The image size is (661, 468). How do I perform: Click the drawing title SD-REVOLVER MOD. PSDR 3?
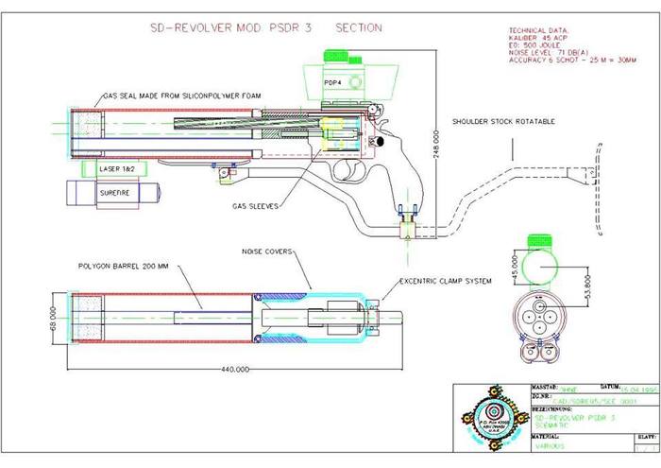pos(230,27)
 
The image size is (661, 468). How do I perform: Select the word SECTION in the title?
pos(357,27)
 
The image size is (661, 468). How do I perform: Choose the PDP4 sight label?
pos(333,83)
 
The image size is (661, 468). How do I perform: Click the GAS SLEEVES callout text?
pos(255,205)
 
